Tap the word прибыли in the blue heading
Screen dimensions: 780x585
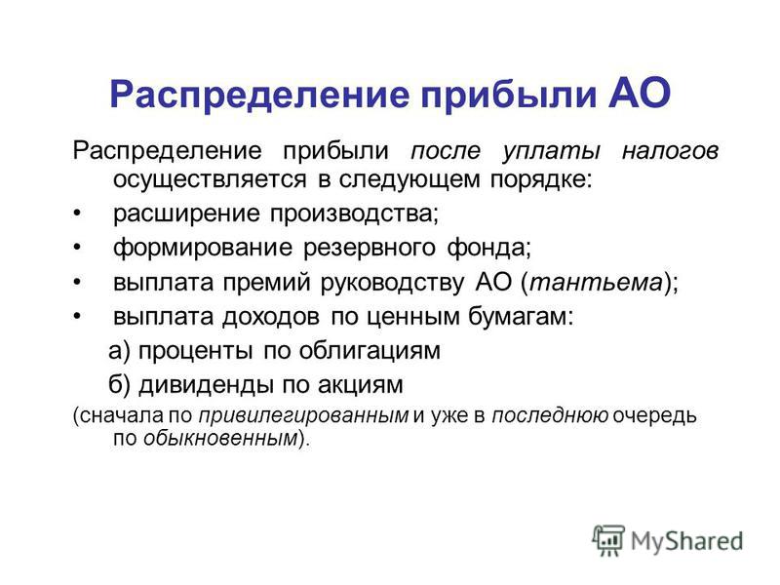coord(508,95)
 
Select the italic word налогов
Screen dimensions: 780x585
coord(670,151)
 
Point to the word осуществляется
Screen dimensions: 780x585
coord(210,179)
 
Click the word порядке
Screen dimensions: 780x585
coord(541,180)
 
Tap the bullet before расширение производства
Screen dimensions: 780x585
coord(76,214)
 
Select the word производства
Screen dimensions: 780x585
coord(354,214)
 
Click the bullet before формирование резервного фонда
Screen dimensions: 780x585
coord(76,248)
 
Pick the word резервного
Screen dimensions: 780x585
coord(370,248)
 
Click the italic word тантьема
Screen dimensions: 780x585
coord(596,283)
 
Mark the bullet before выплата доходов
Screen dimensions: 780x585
coord(76,317)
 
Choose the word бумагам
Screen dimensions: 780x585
coord(521,317)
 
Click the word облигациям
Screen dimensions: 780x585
coord(370,351)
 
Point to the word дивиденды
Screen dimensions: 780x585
coord(207,385)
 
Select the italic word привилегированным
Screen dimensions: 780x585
coord(303,416)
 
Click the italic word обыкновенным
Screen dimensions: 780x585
coord(220,438)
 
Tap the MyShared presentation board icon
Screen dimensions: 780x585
coord(608,540)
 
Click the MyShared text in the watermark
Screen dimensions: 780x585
coord(687,541)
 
